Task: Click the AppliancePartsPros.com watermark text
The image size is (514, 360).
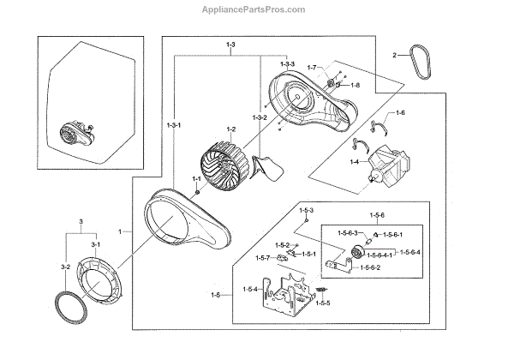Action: coord(257,9)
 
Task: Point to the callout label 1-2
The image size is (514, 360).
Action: coord(230,129)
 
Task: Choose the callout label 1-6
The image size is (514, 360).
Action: coord(399,113)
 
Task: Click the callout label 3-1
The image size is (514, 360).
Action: coord(97,245)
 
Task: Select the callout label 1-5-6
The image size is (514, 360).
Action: coord(377,214)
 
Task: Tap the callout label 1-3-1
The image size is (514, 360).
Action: coord(174,125)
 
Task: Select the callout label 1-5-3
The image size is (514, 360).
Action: coord(306,210)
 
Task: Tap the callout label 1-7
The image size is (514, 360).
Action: coord(311,66)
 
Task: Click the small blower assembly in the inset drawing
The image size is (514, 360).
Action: coord(72,134)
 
